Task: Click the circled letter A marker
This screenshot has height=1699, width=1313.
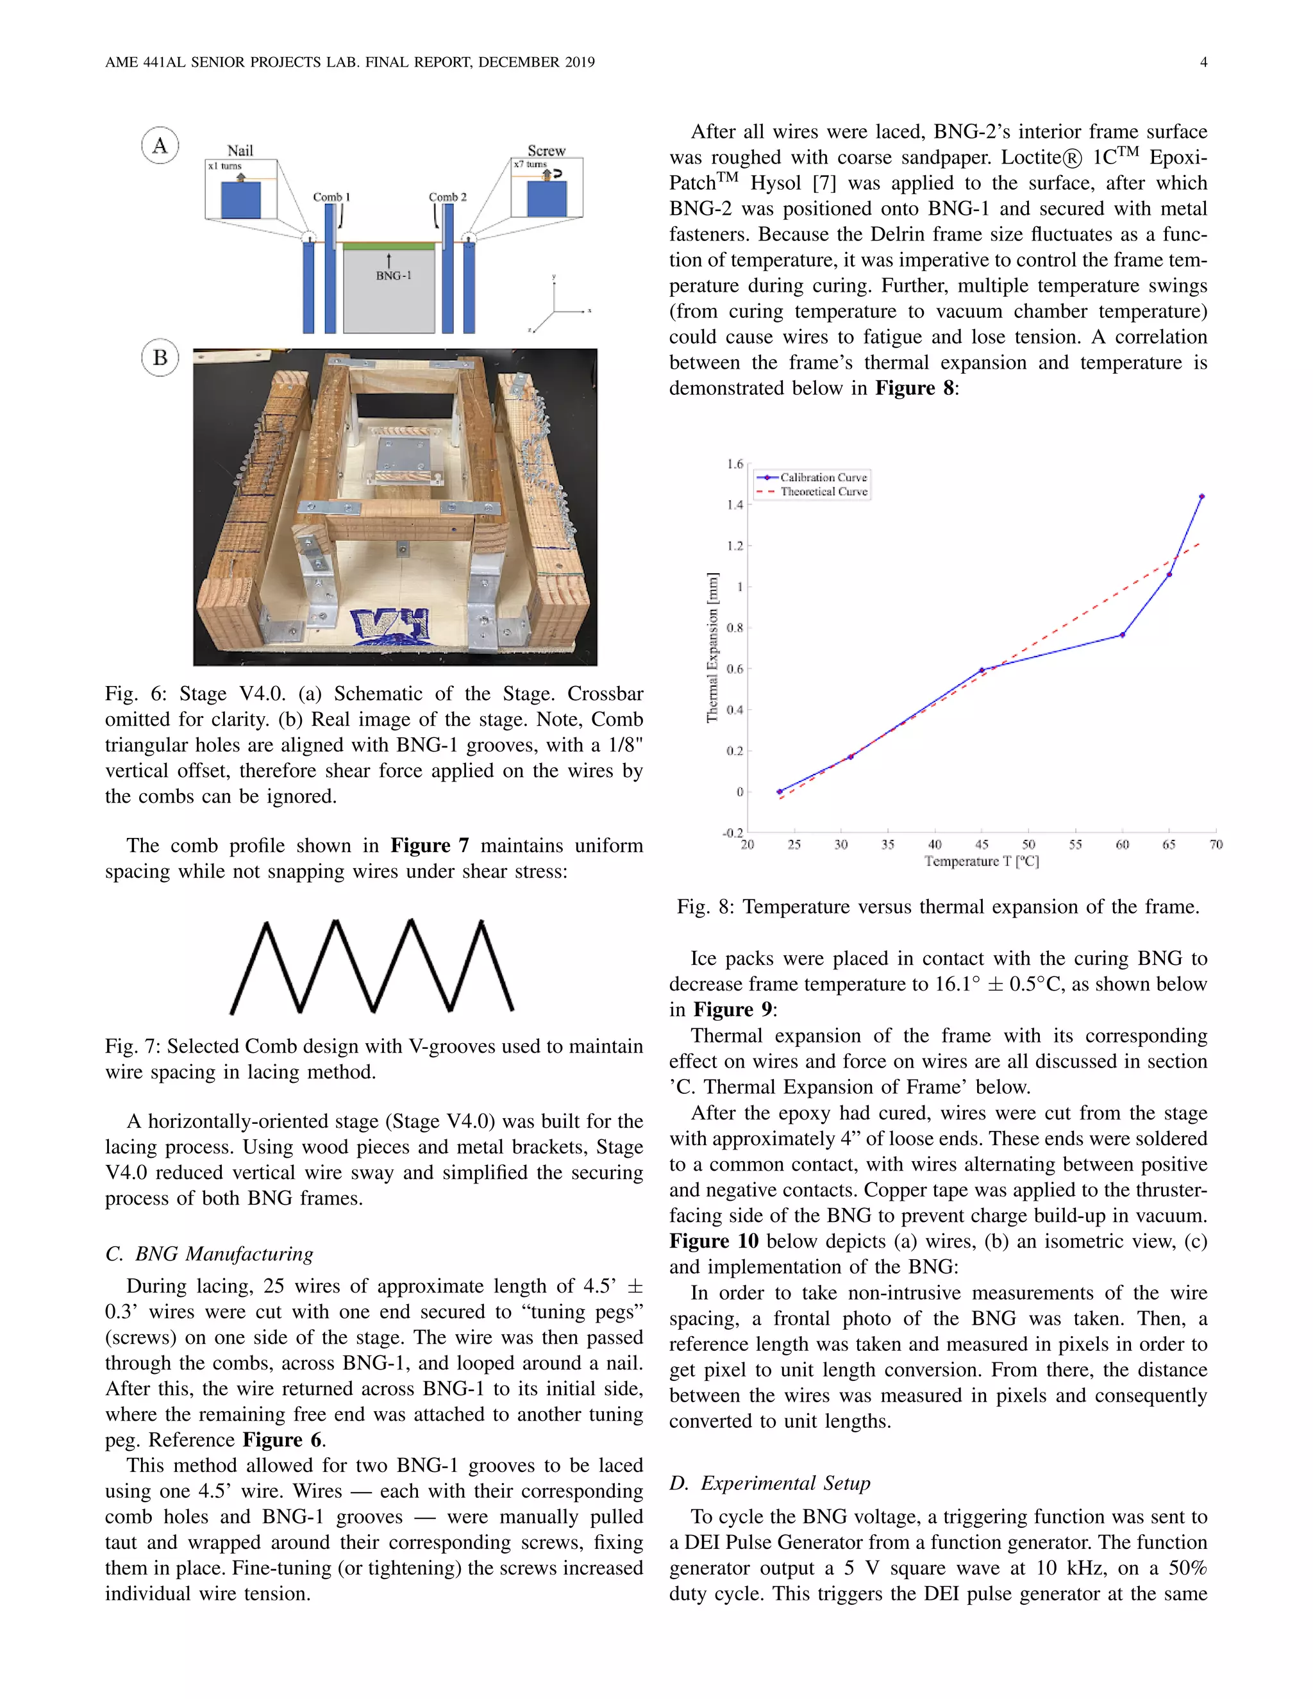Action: tap(160, 146)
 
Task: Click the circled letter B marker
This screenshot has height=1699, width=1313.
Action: tap(160, 358)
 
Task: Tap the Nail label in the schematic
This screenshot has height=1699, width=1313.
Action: tap(240, 150)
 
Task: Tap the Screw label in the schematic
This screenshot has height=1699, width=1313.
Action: tap(546, 150)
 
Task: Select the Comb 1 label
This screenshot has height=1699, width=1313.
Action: tap(331, 197)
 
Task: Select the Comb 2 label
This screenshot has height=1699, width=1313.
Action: tap(447, 197)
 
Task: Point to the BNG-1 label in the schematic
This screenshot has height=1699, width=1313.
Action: tap(394, 276)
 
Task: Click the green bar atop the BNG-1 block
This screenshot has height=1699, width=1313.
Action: tap(389, 246)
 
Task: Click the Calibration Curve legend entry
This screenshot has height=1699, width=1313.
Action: tap(823, 477)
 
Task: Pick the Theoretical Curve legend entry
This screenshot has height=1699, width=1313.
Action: tap(823, 492)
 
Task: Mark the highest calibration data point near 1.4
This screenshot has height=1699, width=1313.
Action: tap(1202, 496)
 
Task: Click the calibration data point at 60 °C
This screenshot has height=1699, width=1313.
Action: tap(1122, 635)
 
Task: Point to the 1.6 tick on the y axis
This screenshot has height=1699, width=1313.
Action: tap(735, 464)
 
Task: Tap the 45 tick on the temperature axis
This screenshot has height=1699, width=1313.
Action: tap(982, 844)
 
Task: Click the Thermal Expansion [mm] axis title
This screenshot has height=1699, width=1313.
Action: tap(712, 648)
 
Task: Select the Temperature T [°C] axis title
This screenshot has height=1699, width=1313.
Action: tap(982, 861)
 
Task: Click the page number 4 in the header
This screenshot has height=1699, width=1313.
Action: tap(1203, 62)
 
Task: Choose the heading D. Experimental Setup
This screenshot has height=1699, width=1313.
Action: tap(769, 1483)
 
